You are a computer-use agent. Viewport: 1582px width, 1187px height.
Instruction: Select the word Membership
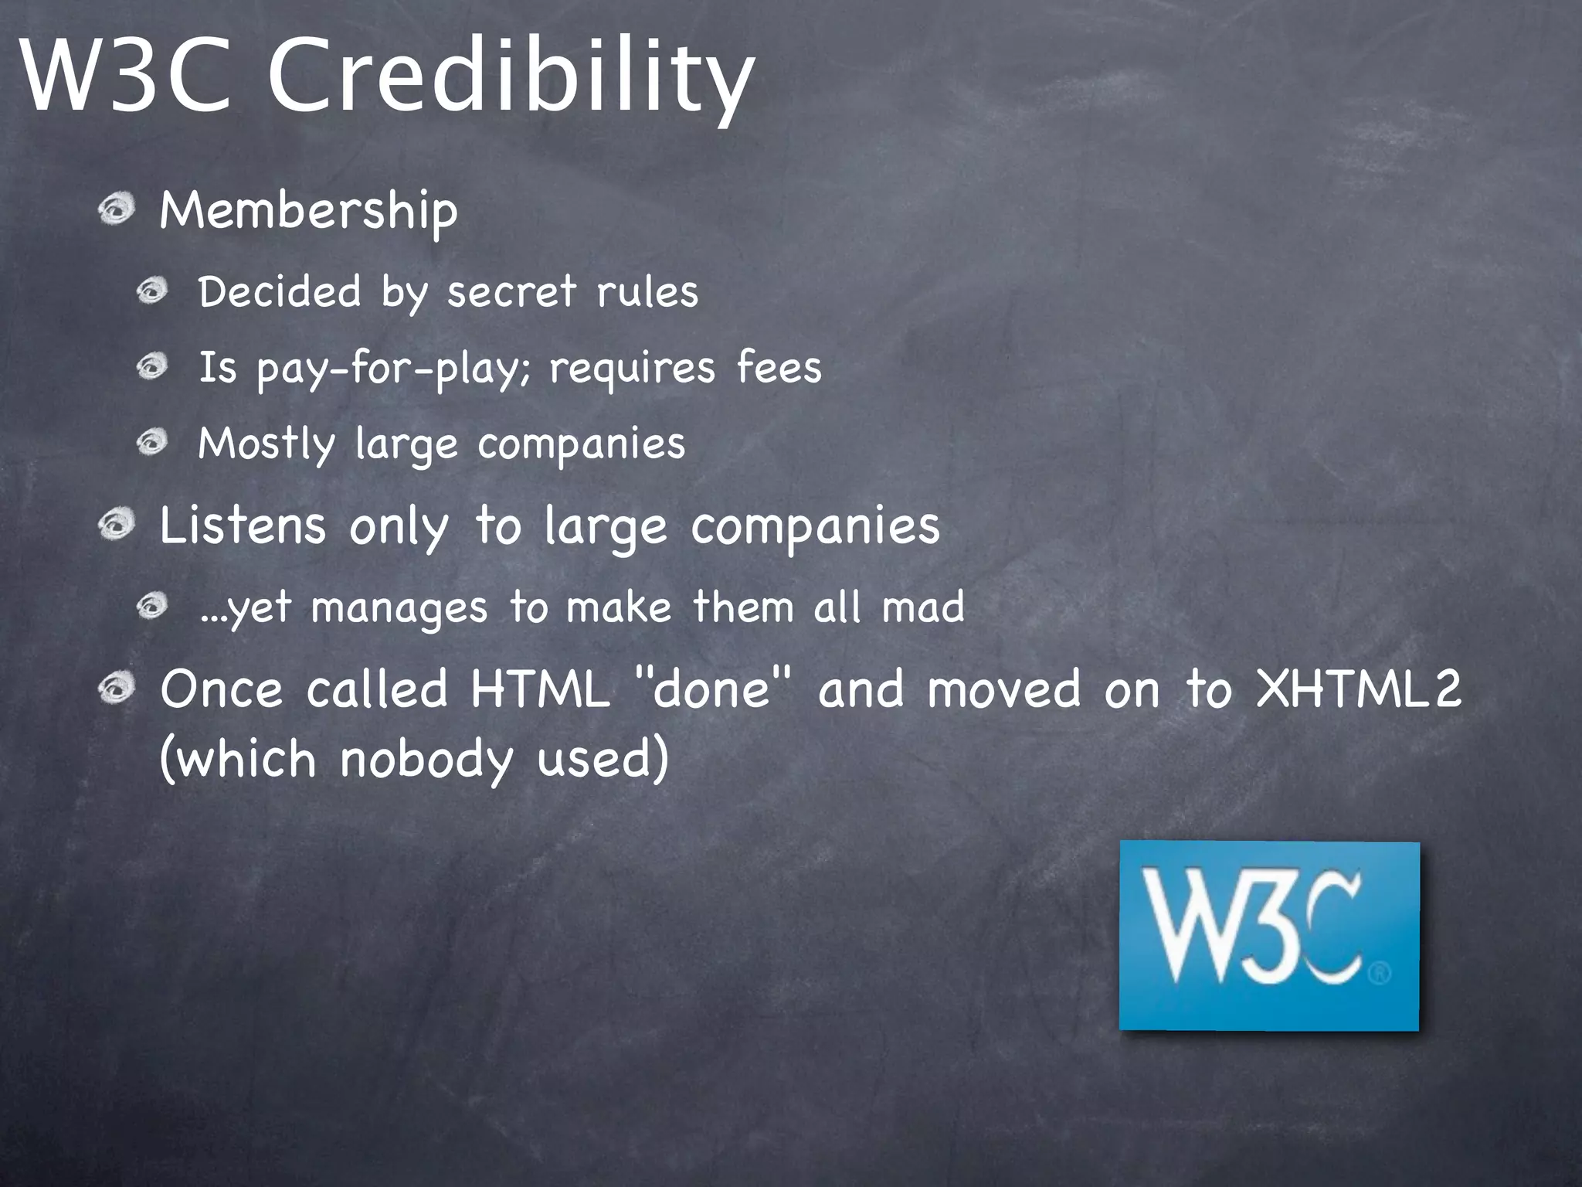coord(308,211)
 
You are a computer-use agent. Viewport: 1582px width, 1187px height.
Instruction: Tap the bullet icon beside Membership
coord(117,209)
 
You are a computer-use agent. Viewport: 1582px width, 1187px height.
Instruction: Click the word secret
coord(511,292)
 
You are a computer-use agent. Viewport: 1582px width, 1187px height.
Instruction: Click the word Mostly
coord(266,444)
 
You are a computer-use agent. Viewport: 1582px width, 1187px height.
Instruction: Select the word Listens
coord(243,526)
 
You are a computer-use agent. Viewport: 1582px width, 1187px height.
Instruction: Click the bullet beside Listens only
coord(117,525)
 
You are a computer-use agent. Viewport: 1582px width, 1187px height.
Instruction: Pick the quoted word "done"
coord(712,688)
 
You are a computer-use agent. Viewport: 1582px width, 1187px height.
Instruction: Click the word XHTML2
coord(1359,688)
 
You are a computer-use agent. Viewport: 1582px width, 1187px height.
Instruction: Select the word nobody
coord(426,759)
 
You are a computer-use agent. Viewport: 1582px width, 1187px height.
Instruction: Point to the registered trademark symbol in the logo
coord(1380,972)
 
